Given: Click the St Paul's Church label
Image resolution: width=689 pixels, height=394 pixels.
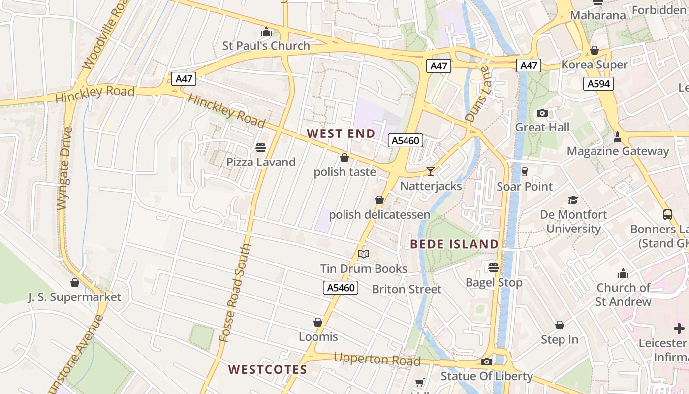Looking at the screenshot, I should click(266, 46).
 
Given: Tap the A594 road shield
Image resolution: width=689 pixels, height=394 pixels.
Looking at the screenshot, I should click(599, 84).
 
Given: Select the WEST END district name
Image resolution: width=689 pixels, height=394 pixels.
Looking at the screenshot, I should click(341, 133).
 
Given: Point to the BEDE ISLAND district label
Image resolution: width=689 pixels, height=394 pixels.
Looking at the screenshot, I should click(454, 244).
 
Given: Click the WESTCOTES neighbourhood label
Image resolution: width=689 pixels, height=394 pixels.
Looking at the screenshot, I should click(268, 369).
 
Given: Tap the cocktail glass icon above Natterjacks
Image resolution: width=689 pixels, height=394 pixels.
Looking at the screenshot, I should click(431, 171).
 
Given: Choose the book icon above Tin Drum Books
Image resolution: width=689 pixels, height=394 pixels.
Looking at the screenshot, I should click(364, 254).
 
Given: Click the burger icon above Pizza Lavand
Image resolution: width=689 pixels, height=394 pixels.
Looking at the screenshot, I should click(261, 147).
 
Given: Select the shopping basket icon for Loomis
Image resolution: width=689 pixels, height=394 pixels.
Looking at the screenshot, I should click(318, 322).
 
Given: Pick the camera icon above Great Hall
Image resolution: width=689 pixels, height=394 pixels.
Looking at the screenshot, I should click(542, 113).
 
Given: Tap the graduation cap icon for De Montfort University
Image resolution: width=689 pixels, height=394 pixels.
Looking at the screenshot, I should click(573, 200).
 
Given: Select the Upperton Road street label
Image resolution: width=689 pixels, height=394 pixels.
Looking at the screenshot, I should click(377, 359).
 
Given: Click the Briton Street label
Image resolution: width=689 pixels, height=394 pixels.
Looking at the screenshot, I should click(407, 289).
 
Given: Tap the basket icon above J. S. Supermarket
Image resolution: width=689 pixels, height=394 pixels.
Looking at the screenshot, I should click(75, 283).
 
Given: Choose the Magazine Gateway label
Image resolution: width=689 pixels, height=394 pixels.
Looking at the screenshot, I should click(618, 151).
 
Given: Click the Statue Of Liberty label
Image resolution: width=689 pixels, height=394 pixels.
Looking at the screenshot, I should click(486, 376).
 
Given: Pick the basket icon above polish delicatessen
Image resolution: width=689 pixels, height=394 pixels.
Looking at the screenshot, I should click(379, 200).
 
